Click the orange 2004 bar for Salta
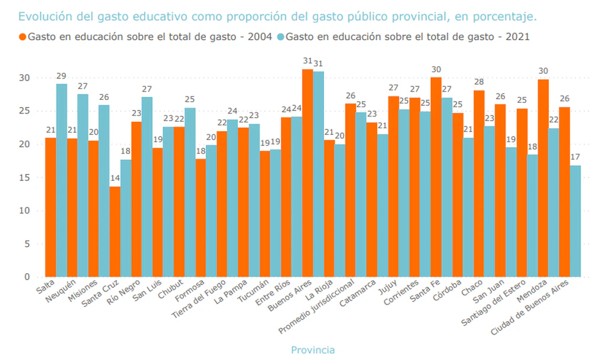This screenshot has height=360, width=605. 51,207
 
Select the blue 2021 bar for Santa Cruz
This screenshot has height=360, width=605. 126,218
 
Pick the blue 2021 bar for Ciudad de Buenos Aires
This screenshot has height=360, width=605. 575,221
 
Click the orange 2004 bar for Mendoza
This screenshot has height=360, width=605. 543,178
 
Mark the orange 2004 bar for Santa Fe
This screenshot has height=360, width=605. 436,177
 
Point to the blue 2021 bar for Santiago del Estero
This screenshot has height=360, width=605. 533,216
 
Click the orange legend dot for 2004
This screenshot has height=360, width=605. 23,37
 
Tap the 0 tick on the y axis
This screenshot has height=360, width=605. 26,277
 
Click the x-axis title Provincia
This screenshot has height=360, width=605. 313,350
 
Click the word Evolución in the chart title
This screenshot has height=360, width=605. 43,15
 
